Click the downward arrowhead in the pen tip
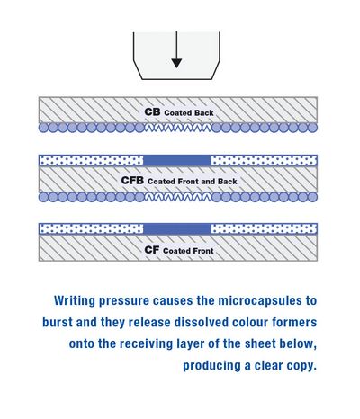tap(176, 63)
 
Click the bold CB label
tap(152, 112)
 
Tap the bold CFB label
tap(132, 181)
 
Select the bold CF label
tap(151, 250)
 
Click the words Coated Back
tap(189, 113)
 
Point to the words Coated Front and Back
tap(193, 182)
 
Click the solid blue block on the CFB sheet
tap(177, 160)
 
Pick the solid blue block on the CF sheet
tap(177, 229)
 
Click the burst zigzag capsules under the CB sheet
tap(178, 128)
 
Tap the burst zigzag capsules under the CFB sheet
tap(178, 197)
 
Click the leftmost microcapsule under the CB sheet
tap(43, 128)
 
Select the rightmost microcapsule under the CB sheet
tap(313, 128)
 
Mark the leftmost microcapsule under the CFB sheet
tap(43, 197)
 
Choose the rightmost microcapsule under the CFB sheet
tap(313, 197)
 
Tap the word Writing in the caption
tap(75, 300)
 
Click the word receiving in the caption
tap(147, 343)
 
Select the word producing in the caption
tap(211, 366)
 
